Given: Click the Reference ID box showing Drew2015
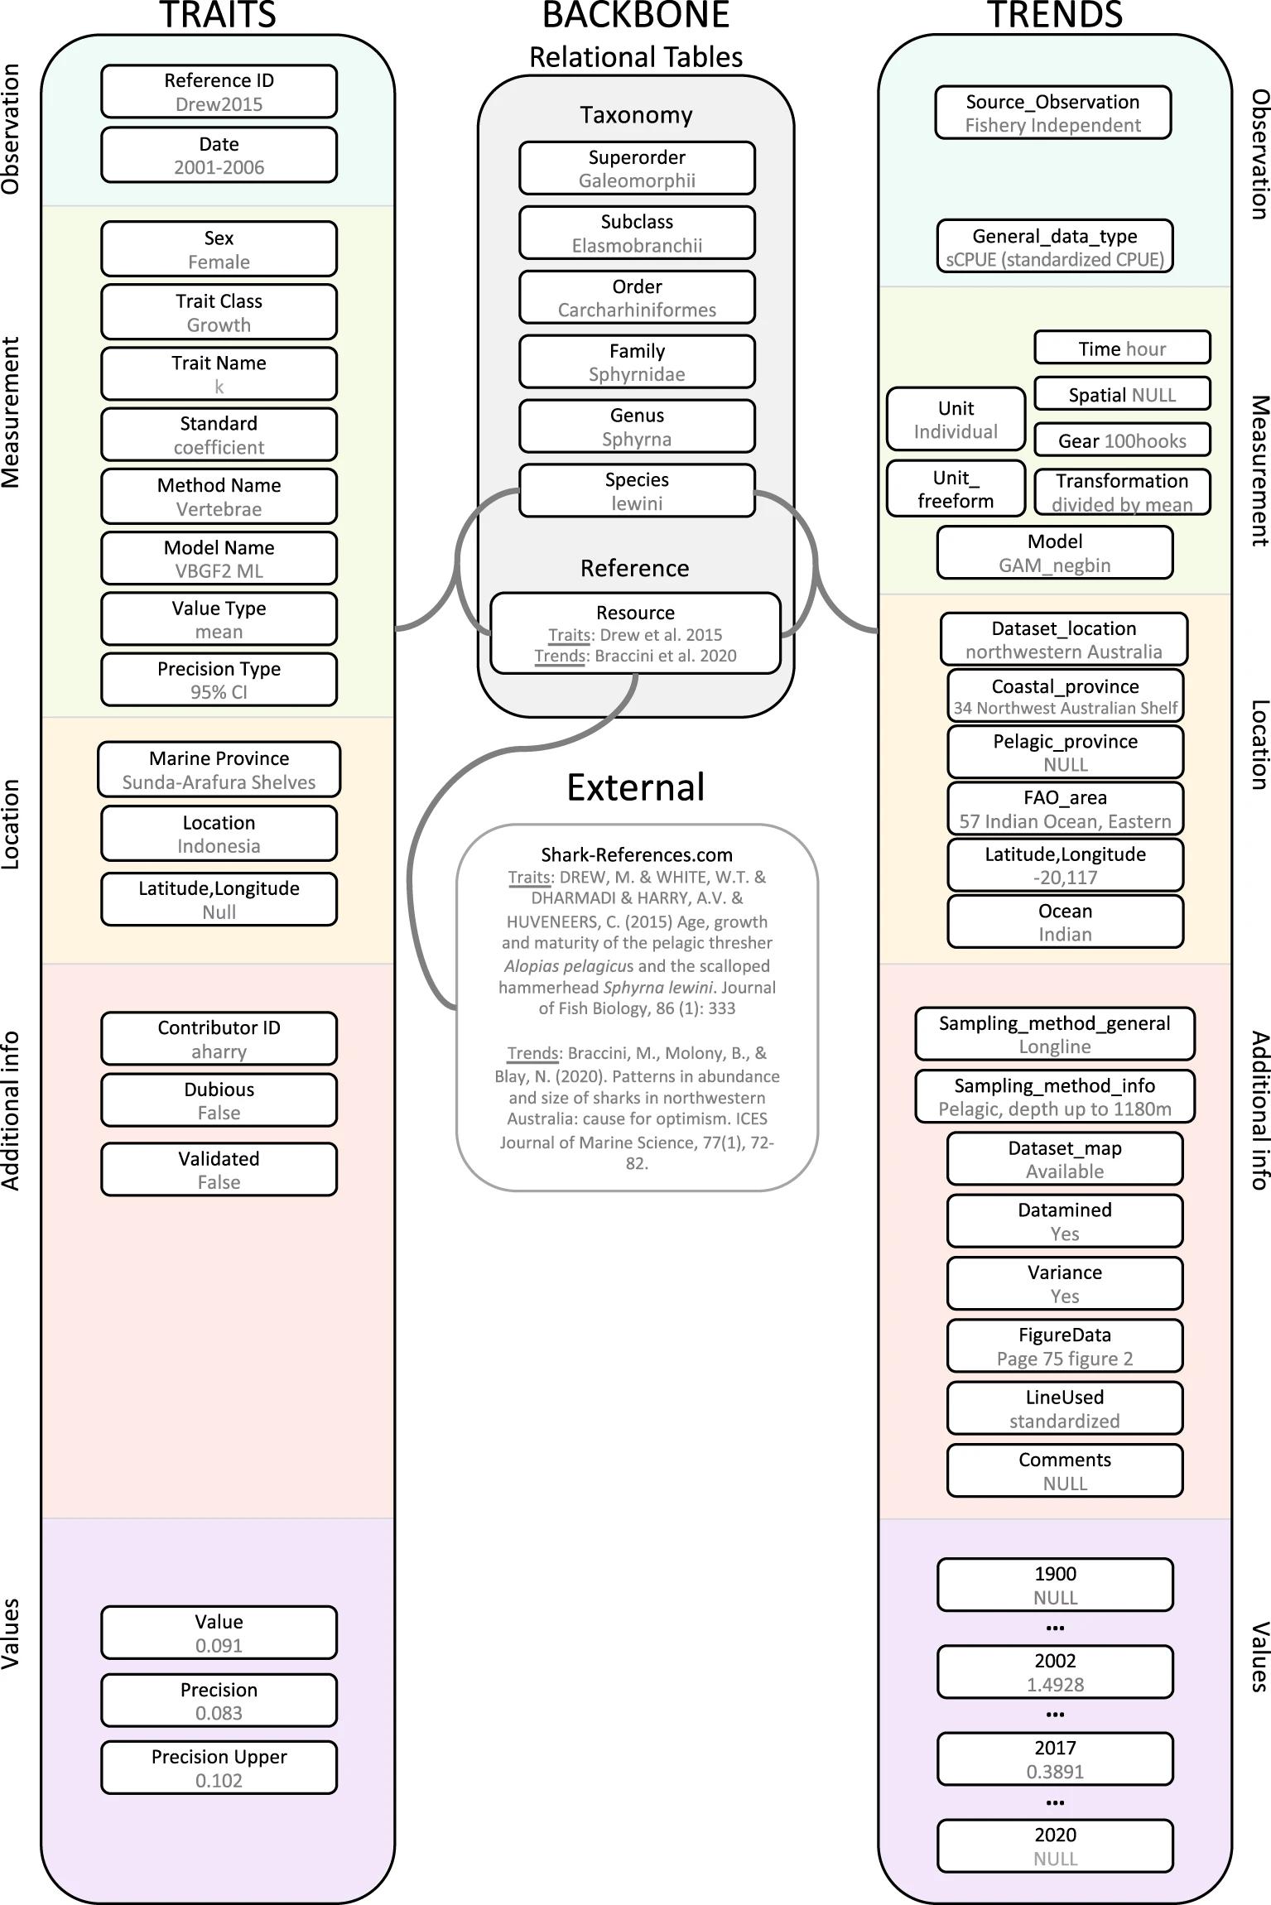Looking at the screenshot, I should pos(219,92).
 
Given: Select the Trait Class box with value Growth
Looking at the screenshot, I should pos(219,312).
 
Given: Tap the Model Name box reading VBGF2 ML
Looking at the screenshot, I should pos(219,559).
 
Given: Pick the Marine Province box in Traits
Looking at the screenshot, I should pos(219,770).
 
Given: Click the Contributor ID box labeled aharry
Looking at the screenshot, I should pos(219,1039).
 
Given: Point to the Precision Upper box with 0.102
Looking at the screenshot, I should pos(219,1768).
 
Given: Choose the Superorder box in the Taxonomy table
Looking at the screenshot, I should pos(637,169).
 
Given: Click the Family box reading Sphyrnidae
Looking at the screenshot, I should pos(637,363).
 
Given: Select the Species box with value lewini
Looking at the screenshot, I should pos(637,491).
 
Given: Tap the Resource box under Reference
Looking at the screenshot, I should pos(635,633).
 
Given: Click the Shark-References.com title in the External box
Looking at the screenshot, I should pos(637,854).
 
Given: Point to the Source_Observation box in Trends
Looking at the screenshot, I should pos(1052,113).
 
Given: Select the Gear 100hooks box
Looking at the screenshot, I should pos(1122,440).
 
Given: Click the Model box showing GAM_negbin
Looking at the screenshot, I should pos(1054,553).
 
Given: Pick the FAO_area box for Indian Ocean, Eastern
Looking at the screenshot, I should pos(1065,809).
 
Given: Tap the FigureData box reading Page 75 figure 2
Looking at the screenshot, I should pos(1064,1346).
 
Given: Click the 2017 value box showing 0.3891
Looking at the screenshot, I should pos(1054,1759).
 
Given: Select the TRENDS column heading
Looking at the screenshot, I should pos(1054,15).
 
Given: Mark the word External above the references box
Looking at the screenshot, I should pos(635,787).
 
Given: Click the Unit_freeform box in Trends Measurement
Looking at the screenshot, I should pos(956,489).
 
